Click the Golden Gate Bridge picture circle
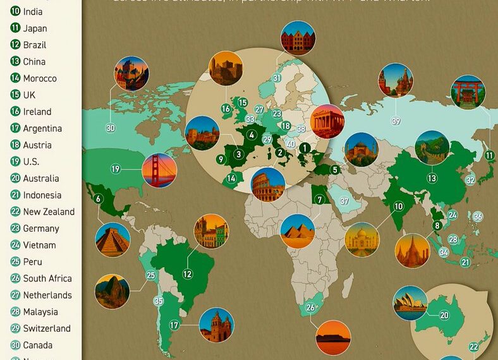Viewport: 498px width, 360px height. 159,170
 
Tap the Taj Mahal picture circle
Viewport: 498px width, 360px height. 362,239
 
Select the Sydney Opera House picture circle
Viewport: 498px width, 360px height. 410,303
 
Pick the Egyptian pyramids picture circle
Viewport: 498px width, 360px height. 297,231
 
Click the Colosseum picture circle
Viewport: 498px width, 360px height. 268,184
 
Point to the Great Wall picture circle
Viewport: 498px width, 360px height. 432,147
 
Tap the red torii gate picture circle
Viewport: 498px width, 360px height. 468,92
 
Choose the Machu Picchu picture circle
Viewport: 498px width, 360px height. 112,291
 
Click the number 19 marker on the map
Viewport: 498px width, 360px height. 116,169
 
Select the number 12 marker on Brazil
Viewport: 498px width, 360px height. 188,274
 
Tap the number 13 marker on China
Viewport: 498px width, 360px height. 432,179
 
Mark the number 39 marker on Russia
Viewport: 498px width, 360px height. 396,121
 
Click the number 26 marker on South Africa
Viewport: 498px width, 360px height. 310,308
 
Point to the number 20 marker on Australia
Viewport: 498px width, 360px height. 444,315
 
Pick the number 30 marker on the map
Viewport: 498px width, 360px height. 111,128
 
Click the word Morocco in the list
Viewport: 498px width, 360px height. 40,78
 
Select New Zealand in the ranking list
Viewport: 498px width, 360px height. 49,212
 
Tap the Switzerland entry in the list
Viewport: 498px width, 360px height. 47,328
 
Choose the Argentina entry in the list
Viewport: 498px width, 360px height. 42,128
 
